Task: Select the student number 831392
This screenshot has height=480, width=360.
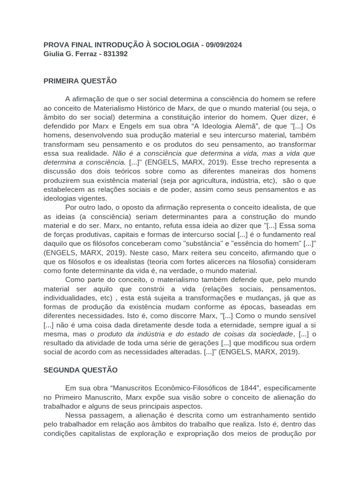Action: [x=115, y=54]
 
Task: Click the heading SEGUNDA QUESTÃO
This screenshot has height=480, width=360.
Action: [x=80, y=370]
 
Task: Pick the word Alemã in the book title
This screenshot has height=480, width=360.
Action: [x=245, y=126]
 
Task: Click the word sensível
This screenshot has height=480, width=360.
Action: [x=301, y=315]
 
